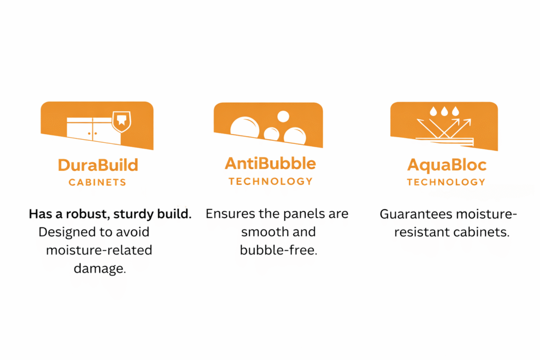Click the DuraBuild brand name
[98, 165]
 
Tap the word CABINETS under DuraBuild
[98, 182]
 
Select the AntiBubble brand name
[271, 163]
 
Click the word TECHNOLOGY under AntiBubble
[271, 181]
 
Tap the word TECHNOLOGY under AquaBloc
[446, 182]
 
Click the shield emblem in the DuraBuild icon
[122, 121]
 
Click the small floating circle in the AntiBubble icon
[283, 116]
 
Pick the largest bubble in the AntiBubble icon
[245, 128]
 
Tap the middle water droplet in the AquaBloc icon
[445, 111]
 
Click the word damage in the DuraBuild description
[100, 269]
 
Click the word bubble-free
[278, 250]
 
